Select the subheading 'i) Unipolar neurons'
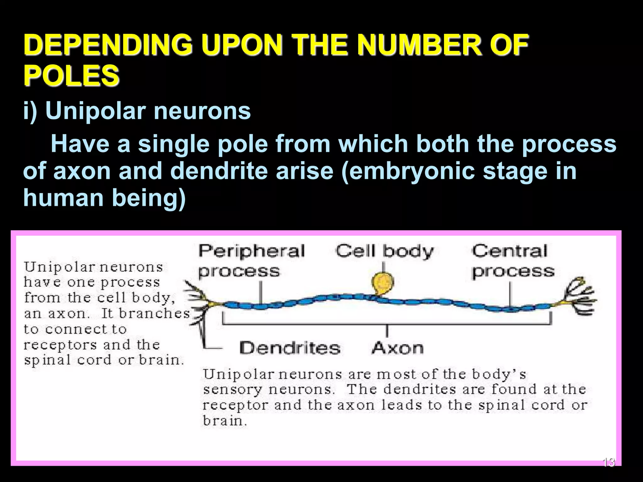(x=137, y=111)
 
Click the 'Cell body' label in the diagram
(x=384, y=251)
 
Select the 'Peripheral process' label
(x=251, y=260)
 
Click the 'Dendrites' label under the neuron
(x=290, y=348)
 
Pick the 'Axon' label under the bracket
(x=397, y=348)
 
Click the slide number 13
(x=608, y=462)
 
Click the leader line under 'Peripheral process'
(x=261, y=292)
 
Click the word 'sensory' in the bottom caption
(x=232, y=390)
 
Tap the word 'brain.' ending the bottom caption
(x=225, y=421)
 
